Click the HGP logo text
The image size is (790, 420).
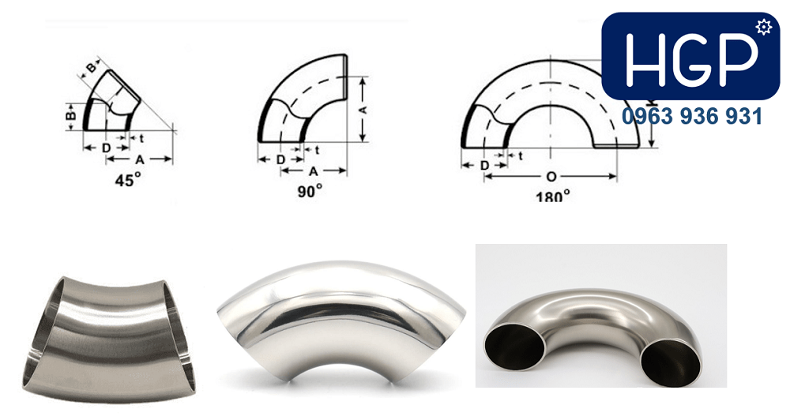pyautogui.click(x=691, y=58)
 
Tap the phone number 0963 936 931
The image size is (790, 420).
pyautogui.click(x=692, y=116)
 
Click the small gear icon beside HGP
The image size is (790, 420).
pyautogui.click(x=764, y=27)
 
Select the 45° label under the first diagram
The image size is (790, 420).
pyautogui.click(x=127, y=180)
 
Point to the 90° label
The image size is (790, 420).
pyautogui.click(x=310, y=191)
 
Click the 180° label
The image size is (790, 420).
pyautogui.click(x=553, y=197)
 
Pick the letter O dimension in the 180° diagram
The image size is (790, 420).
pyautogui.click(x=551, y=176)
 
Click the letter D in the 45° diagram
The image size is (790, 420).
pyautogui.click(x=107, y=148)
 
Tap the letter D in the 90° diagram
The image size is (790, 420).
pyautogui.click(x=280, y=159)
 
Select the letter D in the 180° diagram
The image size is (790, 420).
pyautogui.click(x=484, y=165)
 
